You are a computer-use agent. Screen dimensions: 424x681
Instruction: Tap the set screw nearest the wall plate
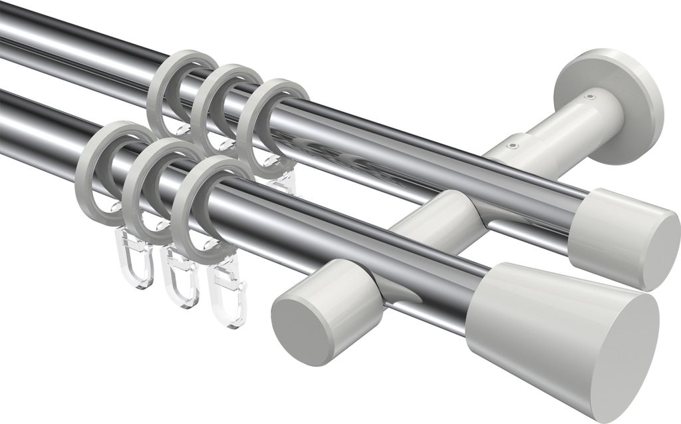[589, 97]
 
